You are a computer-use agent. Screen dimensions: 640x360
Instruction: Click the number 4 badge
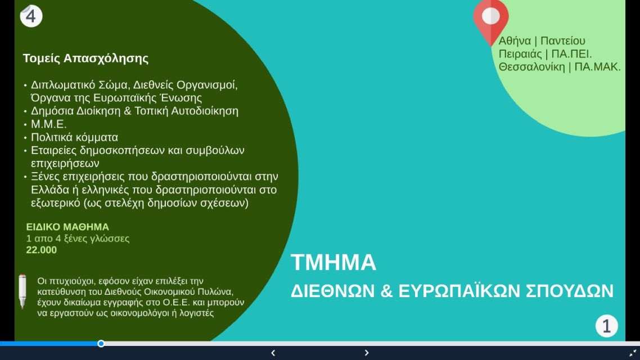tap(31, 16)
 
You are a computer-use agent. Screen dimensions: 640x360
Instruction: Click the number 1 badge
tap(606, 326)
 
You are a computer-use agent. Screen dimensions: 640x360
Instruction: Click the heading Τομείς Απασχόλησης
tap(85, 58)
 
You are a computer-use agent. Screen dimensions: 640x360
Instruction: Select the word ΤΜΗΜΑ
tap(333, 263)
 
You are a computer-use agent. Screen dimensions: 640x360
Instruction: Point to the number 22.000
tap(41, 250)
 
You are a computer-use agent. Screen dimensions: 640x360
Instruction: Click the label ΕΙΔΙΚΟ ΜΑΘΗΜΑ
tap(67, 227)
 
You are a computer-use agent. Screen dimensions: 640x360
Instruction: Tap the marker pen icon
tap(22, 291)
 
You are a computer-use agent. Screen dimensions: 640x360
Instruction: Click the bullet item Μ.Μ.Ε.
tap(48, 124)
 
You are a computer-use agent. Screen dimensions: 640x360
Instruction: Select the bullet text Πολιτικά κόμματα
tap(74, 137)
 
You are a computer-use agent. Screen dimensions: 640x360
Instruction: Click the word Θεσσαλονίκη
tap(531, 67)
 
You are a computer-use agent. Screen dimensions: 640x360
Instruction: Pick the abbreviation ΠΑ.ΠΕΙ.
tap(571, 54)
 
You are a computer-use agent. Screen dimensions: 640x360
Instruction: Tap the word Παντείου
tap(563, 41)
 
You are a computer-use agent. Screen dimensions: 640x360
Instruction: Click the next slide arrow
tap(366, 353)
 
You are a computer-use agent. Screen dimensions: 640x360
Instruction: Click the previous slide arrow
tap(273, 353)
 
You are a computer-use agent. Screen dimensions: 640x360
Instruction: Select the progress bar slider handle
tap(101, 344)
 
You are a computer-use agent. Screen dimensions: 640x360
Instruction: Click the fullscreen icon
tap(633, 353)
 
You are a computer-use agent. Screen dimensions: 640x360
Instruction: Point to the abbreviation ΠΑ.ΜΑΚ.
tap(598, 67)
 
